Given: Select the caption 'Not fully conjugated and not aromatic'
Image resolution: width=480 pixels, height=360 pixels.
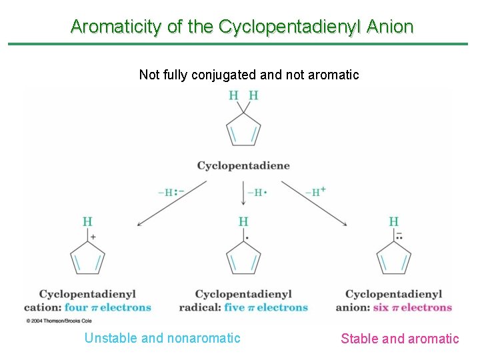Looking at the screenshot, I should tap(249, 75).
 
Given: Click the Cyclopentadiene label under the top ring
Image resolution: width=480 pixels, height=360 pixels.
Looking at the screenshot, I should tap(243, 165).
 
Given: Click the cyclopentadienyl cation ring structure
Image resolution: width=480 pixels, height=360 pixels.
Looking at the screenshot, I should tap(87, 258).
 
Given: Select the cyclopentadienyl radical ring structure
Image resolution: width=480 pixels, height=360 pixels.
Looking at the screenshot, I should tap(243, 258).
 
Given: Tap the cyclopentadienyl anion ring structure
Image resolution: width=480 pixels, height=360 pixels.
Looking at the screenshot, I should tap(394, 258).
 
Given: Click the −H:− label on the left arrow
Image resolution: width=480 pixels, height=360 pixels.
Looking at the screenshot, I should tap(171, 192).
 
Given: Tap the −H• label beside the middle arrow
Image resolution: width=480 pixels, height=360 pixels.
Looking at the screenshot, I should tap(257, 193).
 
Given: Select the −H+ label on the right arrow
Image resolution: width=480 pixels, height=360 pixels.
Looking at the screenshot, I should tap(315, 192).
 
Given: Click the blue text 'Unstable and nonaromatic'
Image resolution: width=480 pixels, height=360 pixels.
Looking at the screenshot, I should tap(162, 338).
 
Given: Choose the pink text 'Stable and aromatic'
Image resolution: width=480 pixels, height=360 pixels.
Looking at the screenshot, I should tap(399, 339).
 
